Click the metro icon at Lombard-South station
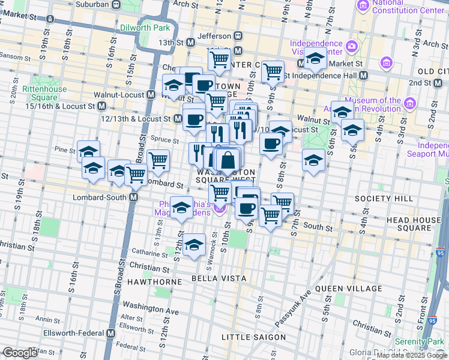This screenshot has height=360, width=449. tap(134, 197)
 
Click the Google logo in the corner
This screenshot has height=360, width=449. tap(20, 353)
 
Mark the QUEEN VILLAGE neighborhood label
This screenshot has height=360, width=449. tap(348, 288)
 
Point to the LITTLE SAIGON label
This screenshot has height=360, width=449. tap(254, 337)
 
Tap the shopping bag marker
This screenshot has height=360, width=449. tap(228, 161)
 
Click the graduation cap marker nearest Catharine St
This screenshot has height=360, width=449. tap(193, 245)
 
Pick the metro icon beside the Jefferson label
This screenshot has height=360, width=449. tap(238, 36)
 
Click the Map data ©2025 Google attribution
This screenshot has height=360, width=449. tap(412, 355)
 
